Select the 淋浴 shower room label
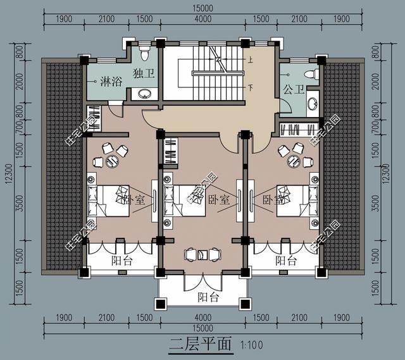[x=112, y=82]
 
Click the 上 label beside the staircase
[x=251, y=61]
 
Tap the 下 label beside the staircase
[x=251, y=88]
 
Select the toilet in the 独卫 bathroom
[x=143, y=49]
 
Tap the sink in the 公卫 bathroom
[x=312, y=102]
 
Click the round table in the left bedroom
[x=112, y=161]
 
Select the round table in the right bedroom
[x=294, y=159]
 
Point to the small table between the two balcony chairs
[x=202, y=254]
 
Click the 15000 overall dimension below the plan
[x=202, y=327]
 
